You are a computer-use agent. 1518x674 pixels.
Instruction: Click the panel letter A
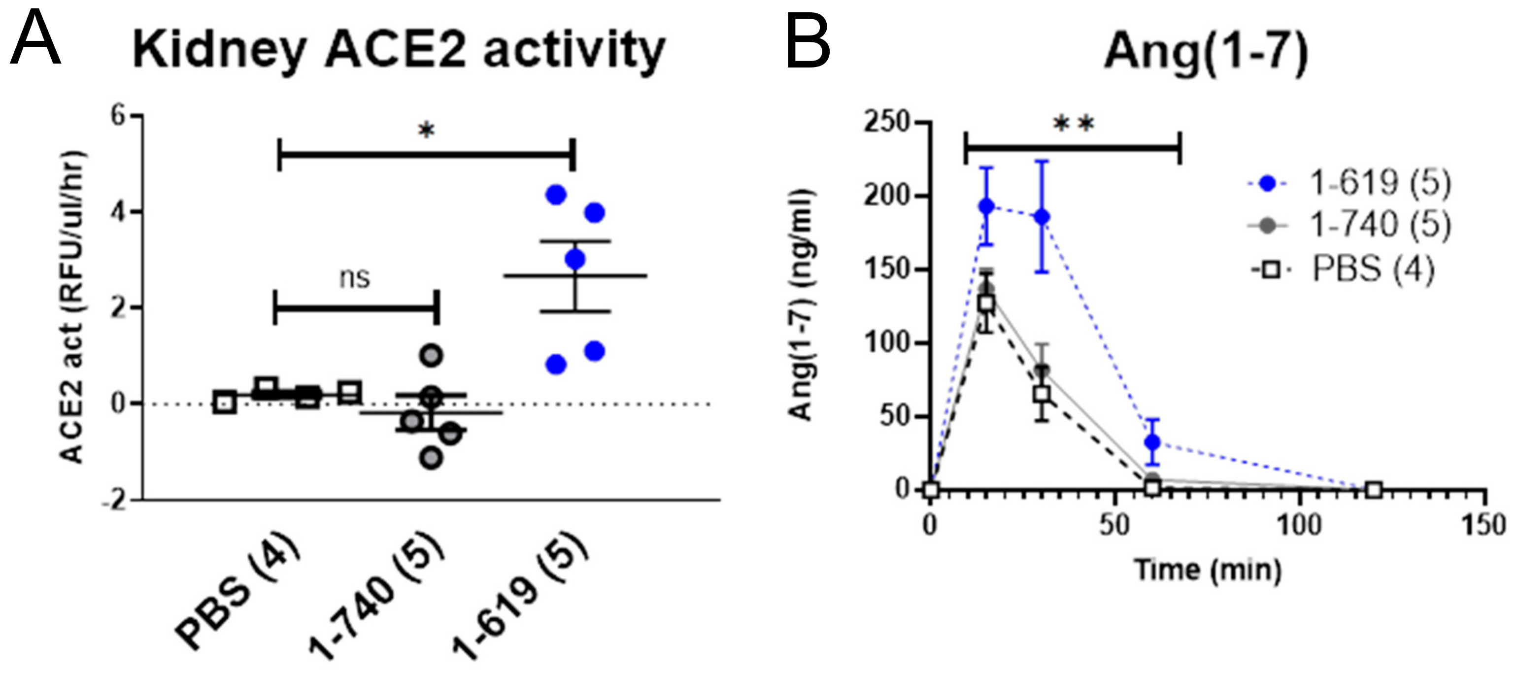tap(35, 40)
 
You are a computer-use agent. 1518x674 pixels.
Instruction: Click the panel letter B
tap(808, 40)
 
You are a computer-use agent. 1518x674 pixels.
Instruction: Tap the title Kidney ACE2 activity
tap(399, 51)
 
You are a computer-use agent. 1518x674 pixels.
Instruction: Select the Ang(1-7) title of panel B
tap(1206, 52)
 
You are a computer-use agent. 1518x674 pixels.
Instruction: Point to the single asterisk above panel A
tap(426, 131)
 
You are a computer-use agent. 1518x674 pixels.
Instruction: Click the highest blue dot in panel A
tap(556, 195)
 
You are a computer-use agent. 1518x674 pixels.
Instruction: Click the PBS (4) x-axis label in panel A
tap(238, 598)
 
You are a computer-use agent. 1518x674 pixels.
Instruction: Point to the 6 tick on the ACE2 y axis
tap(119, 116)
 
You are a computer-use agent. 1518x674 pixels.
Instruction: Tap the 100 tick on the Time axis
tap(1299, 525)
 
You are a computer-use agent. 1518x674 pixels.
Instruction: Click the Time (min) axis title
tap(1208, 570)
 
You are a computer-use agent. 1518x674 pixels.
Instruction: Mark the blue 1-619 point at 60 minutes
tap(1152, 442)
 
